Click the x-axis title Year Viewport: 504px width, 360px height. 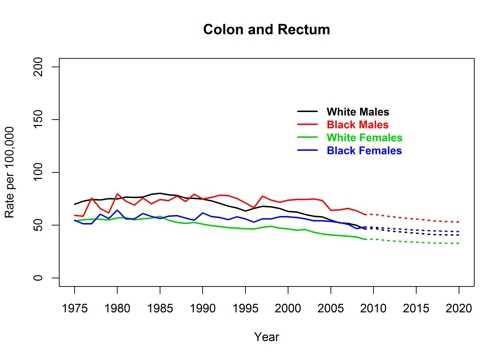pyautogui.click(x=266, y=336)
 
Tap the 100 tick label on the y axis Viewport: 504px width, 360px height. pyautogui.click(x=39, y=173)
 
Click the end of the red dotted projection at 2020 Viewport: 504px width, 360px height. pyautogui.click(x=458, y=222)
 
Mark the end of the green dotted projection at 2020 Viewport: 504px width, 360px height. pyautogui.click(x=458, y=244)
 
